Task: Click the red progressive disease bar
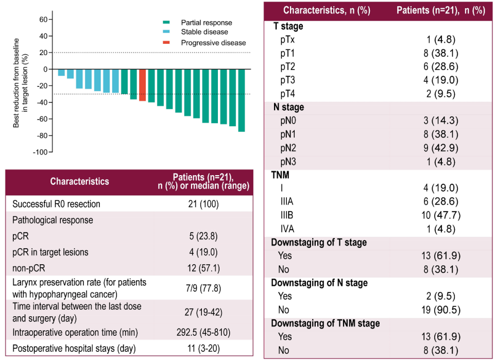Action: tap(142, 85)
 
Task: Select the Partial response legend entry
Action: tap(206, 23)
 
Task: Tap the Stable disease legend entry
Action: tap(204, 32)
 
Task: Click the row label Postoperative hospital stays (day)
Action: tap(74, 348)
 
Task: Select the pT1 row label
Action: tap(287, 53)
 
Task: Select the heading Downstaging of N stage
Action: tap(319, 283)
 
